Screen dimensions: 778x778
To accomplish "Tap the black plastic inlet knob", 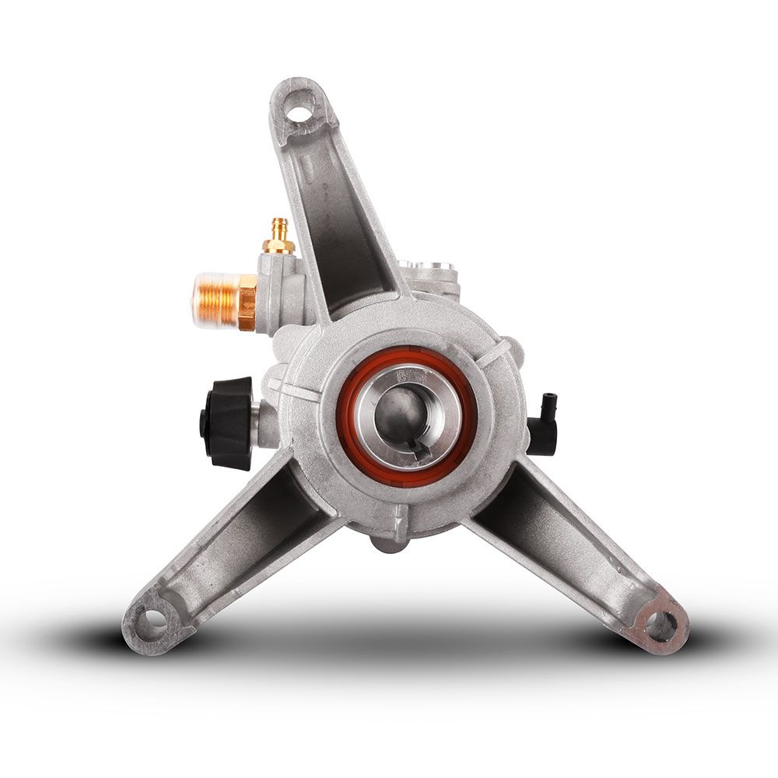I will pos(227,422).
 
